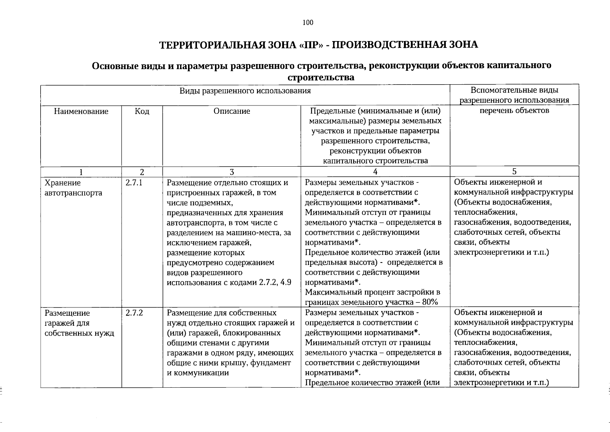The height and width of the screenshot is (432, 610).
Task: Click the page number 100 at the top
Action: point(308,23)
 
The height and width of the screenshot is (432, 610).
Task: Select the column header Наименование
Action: point(81,111)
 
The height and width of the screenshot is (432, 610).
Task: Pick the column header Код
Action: point(142,111)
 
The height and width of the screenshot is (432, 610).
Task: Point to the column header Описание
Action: point(231,111)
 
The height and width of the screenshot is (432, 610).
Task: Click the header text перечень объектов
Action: point(514,110)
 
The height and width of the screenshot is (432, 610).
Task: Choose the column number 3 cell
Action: point(231,172)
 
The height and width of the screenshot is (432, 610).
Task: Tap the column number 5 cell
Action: point(514,171)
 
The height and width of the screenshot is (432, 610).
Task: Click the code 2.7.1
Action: point(134,183)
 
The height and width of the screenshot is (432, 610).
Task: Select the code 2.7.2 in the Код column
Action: point(134,313)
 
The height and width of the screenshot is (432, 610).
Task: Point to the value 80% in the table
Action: point(430,302)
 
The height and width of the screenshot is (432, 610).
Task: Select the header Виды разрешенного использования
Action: point(245,91)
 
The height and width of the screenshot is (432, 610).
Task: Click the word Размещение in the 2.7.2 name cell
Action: point(67,313)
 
